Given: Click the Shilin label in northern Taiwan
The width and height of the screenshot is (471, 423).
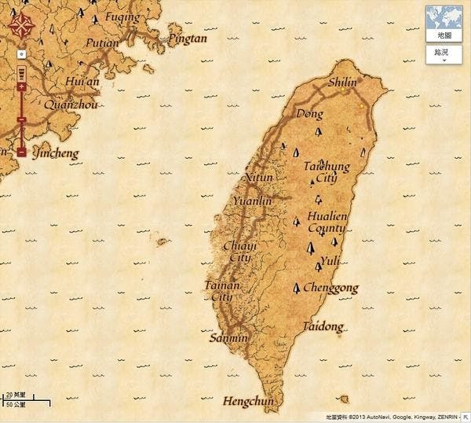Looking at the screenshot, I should coord(341,81).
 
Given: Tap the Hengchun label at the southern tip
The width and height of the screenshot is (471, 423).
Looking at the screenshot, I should coord(249,401).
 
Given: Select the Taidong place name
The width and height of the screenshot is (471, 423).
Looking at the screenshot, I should coord(323,326).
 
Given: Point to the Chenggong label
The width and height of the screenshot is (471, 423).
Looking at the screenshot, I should coord(330,288).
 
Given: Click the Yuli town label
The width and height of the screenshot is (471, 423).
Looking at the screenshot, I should coord(330,260).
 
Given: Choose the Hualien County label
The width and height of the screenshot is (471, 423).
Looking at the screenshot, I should coord(327,222).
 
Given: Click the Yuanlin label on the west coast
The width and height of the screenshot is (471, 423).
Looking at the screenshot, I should coord(252,200).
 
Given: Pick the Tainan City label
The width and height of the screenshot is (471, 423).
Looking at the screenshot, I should coord(219,291).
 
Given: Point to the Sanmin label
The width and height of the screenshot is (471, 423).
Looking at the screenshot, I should coord(228,338).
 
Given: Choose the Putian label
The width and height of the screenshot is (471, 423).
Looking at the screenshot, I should coord(102,42).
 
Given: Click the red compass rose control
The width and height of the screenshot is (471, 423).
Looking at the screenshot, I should coord(21,26).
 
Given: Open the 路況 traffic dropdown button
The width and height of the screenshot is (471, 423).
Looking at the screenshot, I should coord(444,54).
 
